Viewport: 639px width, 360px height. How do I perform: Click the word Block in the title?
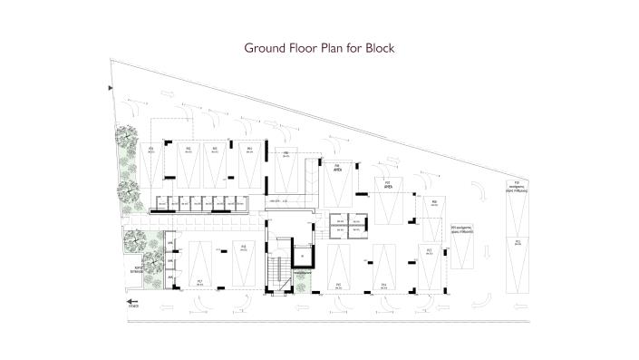[377, 46]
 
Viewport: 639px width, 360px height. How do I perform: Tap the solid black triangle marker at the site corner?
[111, 88]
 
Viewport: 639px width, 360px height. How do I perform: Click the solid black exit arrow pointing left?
[131, 302]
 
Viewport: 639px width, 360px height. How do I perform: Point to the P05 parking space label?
[286, 154]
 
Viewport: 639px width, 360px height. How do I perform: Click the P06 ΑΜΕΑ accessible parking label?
[335, 167]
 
